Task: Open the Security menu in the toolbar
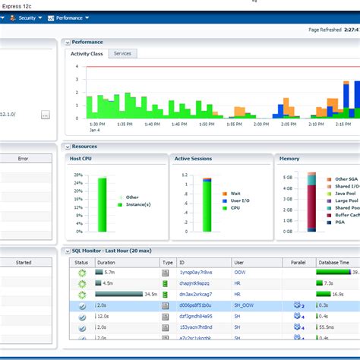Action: click(27, 17)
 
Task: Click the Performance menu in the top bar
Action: click(69, 17)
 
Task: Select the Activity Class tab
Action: click(87, 54)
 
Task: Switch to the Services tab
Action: click(122, 53)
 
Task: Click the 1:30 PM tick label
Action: click(97, 123)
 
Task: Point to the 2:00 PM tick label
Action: click(261, 123)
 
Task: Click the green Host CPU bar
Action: click(102, 204)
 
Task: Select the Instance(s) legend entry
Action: click(137, 204)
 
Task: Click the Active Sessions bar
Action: click(207, 205)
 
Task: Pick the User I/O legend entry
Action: click(240, 201)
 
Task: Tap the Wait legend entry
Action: click(235, 194)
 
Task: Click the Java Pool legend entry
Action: click(346, 193)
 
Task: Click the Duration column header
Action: click(106, 262)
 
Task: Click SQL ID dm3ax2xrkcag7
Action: click(195, 294)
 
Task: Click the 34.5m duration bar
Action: click(119, 294)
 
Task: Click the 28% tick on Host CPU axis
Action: click(78, 175)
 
